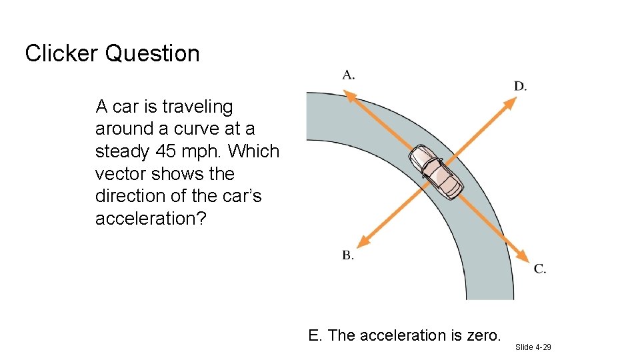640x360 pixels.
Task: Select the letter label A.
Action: coord(348,75)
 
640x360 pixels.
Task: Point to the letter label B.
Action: coord(348,255)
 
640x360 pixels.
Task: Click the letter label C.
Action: coord(540,269)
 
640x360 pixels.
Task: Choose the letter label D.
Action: coord(520,86)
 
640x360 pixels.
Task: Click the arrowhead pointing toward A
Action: coord(349,95)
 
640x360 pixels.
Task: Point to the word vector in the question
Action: coord(121,174)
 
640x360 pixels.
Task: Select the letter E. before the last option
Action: coord(315,335)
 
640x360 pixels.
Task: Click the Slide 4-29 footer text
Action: coord(533,347)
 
